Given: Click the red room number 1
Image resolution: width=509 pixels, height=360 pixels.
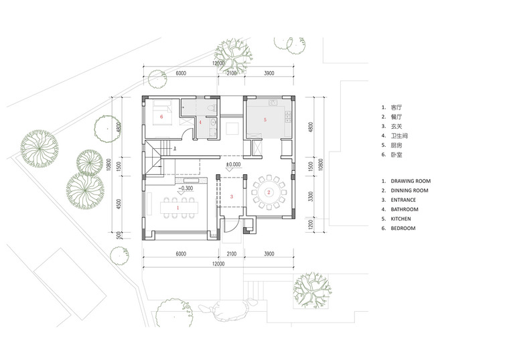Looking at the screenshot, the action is point(177,208).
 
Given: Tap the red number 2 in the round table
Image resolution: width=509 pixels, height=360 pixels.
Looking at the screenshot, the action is point(269,192).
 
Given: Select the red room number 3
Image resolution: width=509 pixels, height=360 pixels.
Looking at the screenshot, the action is point(232,196).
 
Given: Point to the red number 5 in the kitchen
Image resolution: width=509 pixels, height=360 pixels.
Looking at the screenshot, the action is point(265,120).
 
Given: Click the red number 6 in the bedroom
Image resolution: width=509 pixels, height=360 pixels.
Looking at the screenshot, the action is point(161,117).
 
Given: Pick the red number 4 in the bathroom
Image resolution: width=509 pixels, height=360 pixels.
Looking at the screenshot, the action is point(200,123).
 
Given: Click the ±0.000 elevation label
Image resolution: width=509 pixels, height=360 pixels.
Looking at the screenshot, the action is point(233,164).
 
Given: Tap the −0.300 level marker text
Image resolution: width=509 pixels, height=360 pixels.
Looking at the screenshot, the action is point(186,188).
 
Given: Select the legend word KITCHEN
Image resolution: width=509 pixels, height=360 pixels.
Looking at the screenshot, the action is point(401,219).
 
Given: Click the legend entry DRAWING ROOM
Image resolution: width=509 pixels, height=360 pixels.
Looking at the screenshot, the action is point(411,181).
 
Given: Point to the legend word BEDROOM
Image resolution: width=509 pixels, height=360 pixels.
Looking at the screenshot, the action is point(403,228).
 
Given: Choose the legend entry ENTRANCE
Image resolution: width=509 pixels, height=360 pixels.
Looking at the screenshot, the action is point(403,200).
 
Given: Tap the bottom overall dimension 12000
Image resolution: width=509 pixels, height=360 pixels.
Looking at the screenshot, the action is point(218,264).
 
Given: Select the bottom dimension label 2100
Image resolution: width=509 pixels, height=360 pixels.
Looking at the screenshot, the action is point(231,254).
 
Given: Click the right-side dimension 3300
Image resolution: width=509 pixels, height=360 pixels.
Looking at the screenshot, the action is point(311,196).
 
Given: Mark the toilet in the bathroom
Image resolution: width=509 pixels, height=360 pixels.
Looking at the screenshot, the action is point(212,109).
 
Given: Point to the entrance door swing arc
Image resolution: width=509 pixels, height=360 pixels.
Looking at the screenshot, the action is point(234,226).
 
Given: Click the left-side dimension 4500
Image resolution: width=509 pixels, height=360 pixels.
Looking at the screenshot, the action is point(119,204).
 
